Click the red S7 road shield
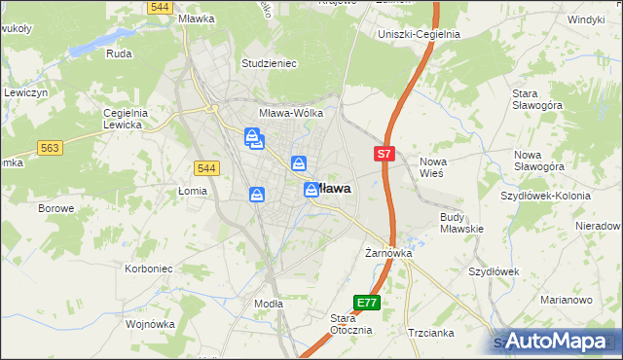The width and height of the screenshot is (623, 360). tap(385, 154)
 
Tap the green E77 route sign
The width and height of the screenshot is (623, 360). tap(366, 304)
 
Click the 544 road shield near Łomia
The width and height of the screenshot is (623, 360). tap(206, 168)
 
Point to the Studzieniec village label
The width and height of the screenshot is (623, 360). tap(269, 63)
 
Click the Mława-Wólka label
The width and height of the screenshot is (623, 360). tap(290, 113)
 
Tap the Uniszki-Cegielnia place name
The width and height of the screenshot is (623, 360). tap(419, 34)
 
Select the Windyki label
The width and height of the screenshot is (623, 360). tap(587, 19)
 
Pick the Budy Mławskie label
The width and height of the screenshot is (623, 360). tap(461, 223)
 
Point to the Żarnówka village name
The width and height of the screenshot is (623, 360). tap(389, 253)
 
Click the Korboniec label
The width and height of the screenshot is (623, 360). tap(149, 268)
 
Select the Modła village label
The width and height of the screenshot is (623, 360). tap(268, 304)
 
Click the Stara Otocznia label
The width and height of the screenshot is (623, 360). tap(350, 324)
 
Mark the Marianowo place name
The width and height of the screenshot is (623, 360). tap(566, 300)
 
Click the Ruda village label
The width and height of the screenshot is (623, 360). tap(119, 54)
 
